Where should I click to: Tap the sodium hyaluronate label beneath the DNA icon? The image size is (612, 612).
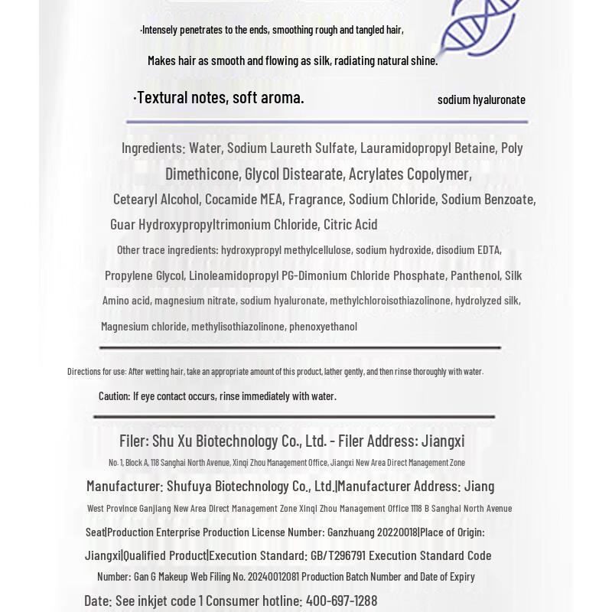481,99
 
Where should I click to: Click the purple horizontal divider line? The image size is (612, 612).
327,122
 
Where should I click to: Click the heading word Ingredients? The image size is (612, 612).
153,148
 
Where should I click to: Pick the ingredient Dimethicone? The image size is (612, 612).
202,174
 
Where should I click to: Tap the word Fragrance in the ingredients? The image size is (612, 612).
315,199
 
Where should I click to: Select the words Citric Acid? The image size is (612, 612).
350,224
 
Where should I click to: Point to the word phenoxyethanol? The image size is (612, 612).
323,327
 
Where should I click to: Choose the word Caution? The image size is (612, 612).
114,396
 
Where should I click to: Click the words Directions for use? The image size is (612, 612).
96,372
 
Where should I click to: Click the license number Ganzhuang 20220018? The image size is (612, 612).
373,532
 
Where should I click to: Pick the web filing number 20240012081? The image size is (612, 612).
273,577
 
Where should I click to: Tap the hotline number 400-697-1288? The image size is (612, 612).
341,601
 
